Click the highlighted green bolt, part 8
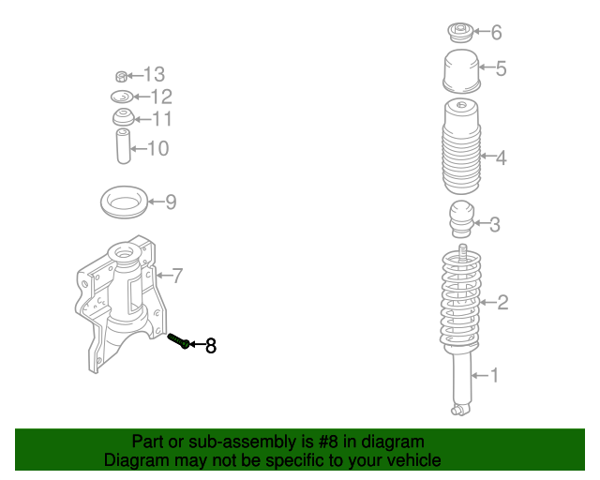click(179, 340)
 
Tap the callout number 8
click(211, 346)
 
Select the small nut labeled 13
click(121, 77)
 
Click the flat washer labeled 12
click(122, 97)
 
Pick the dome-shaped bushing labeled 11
click(124, 117)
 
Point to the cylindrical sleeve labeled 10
click(123, 146)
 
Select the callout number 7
click(177, 276)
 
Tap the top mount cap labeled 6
click(460, 33)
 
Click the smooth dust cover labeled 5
click(461, 71)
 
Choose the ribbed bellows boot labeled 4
click(461, 146)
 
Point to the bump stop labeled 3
click(461, 218)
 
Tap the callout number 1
click(494, 375)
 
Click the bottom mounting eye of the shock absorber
click(457, 411)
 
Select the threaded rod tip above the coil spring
click(462, 252)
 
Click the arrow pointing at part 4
click(487, 156)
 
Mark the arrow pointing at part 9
click(157, 202)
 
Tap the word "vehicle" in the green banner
click(418, 460)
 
